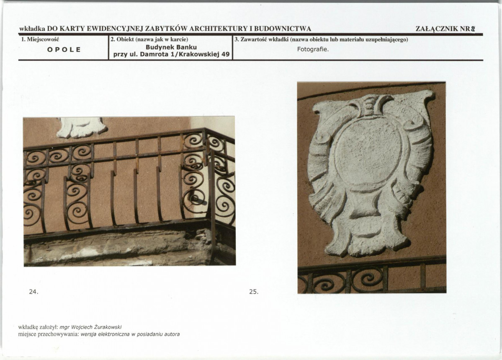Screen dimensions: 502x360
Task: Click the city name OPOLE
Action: click(64, 50)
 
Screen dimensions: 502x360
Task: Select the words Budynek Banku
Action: click(171, 47)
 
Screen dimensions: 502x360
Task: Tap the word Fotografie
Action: click(313, 49)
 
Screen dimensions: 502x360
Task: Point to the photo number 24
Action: click(33, 292)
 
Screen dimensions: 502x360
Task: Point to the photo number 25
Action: click(254, 292)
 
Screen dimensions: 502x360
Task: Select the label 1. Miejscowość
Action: click(40, 39)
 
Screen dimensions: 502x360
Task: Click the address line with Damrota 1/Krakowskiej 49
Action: click(171, 54)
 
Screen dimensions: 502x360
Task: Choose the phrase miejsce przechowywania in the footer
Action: click(48, 334)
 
